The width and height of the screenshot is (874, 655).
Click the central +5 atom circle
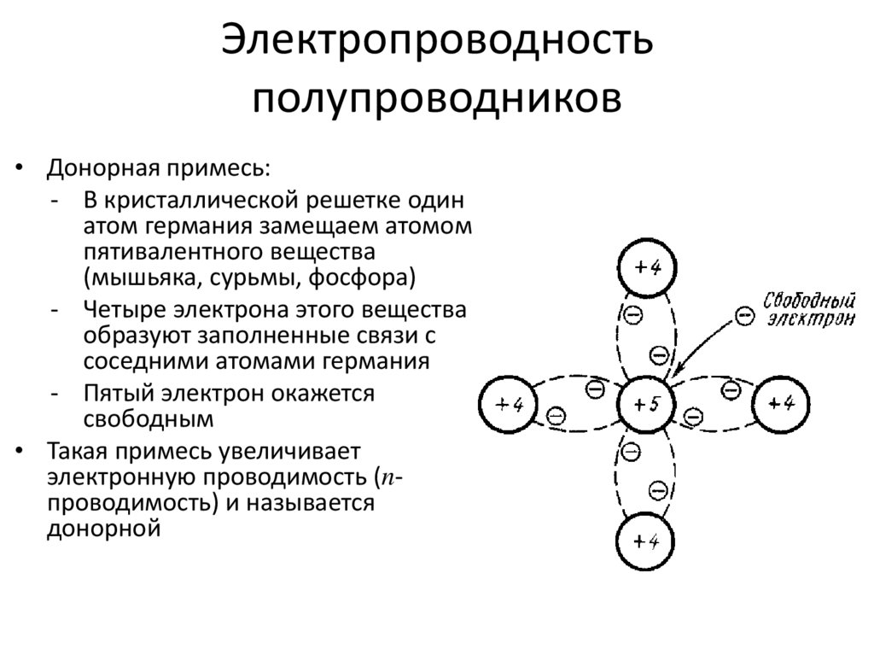(x=645, y=405)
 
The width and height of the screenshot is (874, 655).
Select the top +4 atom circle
(x=645, y=267)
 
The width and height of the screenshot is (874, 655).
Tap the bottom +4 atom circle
(x=645, y=541)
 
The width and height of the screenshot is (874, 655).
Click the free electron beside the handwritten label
(x=745, y=317)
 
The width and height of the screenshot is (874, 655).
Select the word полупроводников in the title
(x=437, y=96)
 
